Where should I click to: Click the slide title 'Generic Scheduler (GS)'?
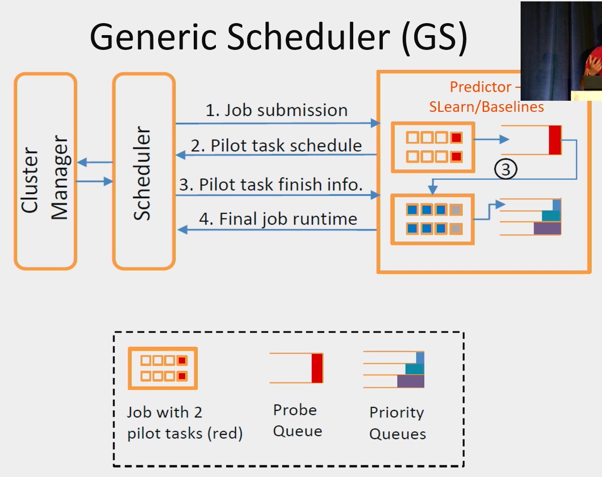click(278, 38)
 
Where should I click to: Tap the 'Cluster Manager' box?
click(45, 171)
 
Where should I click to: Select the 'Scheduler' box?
click(144, 171)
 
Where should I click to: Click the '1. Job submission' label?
click(276, 110)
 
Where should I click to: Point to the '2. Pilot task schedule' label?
click(276, 146)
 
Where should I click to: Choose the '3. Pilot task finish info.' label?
click(271, 184)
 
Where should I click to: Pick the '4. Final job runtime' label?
click(278, 219)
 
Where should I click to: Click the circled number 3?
click(506, 169)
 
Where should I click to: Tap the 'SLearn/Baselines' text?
click(486, 107)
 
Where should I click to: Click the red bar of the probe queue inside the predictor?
click(555, 140)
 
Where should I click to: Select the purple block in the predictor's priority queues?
click(547, 228)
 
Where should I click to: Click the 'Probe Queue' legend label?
click(297, 421)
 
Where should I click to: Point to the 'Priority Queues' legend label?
click(398, 423)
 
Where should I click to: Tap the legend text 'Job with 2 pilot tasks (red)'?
click(184, 423)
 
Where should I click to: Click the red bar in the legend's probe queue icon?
click(317, 368)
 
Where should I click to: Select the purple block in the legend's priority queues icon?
click(411, 381)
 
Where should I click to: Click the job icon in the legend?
click(163, 368)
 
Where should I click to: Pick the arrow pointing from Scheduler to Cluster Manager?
click(95, 162)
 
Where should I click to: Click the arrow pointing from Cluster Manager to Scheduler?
click(95, 181)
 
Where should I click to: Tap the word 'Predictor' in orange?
click(480, 87)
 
